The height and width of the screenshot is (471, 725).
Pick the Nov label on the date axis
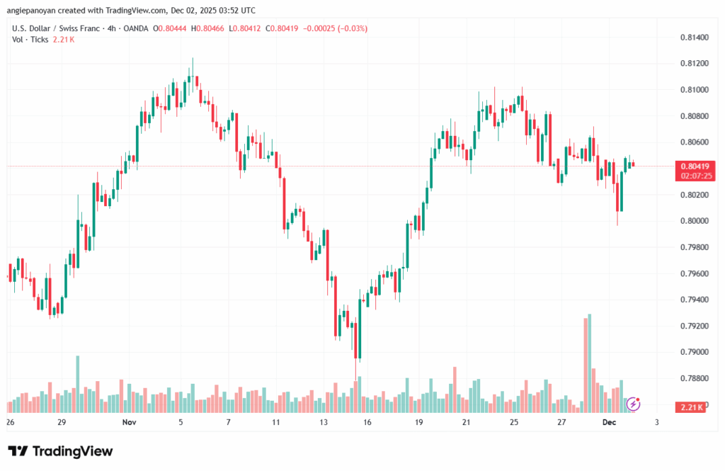click(x=129, y=422)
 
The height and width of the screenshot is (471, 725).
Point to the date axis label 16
click(x=367, y=422)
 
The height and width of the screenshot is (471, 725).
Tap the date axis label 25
click(x=514, y=422)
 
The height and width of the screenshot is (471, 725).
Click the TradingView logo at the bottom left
click(x=60, y=451)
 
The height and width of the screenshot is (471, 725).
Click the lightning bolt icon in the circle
click(x=634, y=404)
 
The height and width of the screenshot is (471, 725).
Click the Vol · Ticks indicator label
click(x=30, y=40)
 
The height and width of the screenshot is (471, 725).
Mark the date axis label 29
click(x=62, y=422)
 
